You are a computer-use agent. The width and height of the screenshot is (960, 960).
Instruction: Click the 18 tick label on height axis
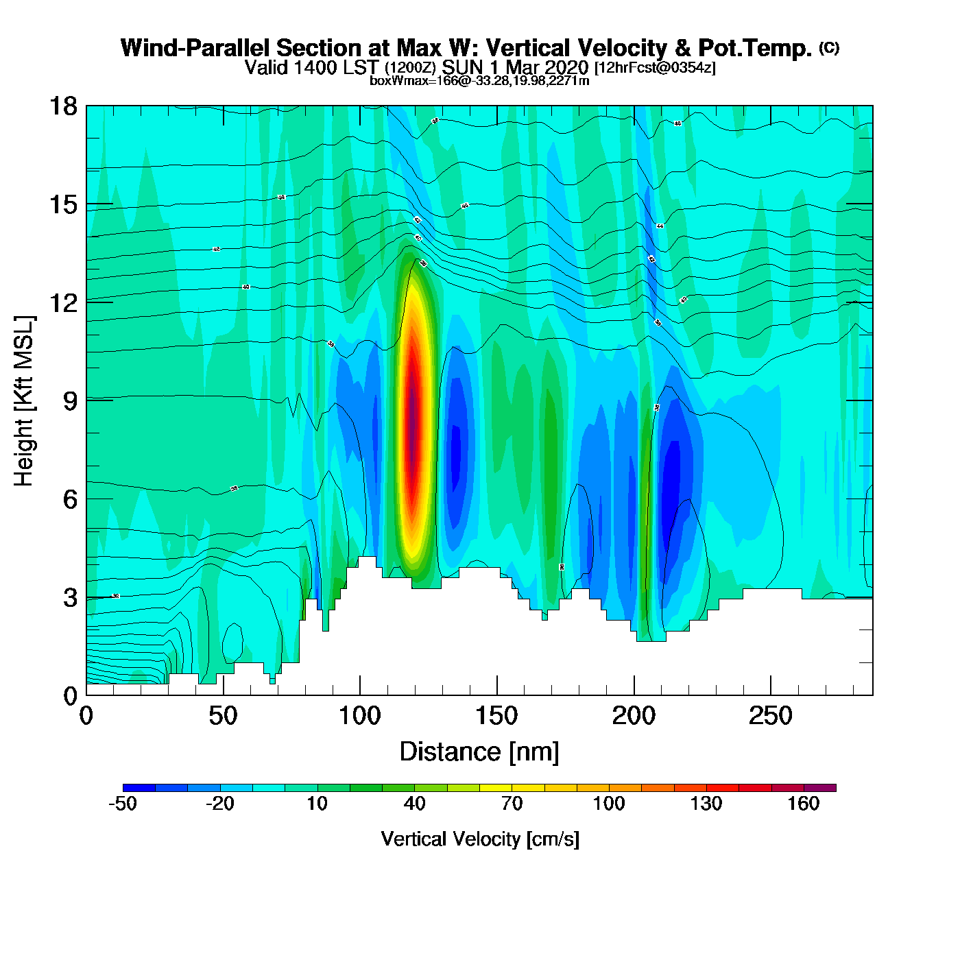click(x=62, y=106)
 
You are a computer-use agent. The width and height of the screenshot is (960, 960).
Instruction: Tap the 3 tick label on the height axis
click(x=70, y=598)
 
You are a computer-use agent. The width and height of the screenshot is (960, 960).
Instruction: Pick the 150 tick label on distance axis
click(x=496, y=717)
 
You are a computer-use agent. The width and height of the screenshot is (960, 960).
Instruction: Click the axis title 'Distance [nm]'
click(x=479, y=752)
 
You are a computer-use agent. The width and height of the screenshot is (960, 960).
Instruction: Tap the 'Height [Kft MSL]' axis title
click(x=24, y=401)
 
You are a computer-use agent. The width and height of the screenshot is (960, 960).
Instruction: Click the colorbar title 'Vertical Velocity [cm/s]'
click(x=480, y=839)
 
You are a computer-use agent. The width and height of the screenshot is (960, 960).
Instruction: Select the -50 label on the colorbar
click(x=123, y=804)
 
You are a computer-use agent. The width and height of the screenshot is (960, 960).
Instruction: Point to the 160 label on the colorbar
click(x=803, y=804)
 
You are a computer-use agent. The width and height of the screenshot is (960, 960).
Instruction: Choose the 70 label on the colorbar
click(x=512, y=804)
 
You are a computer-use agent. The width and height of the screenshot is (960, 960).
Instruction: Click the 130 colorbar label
click(x=706, y=804)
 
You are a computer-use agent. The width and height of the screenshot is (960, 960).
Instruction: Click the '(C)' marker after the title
click(x=829, y=47)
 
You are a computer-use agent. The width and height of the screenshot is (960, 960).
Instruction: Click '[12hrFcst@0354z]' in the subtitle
click(x=655, y=68)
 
